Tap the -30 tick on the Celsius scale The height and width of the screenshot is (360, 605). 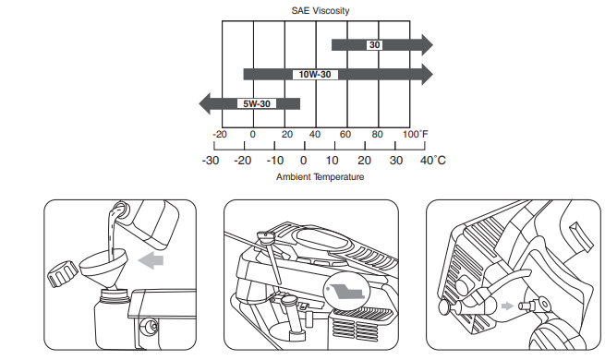coord(211,161)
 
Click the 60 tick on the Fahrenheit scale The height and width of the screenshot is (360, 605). coord(345,135)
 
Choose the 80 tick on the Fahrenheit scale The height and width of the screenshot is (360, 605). coord(377,135)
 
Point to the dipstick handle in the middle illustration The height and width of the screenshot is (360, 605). coord(267,242)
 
